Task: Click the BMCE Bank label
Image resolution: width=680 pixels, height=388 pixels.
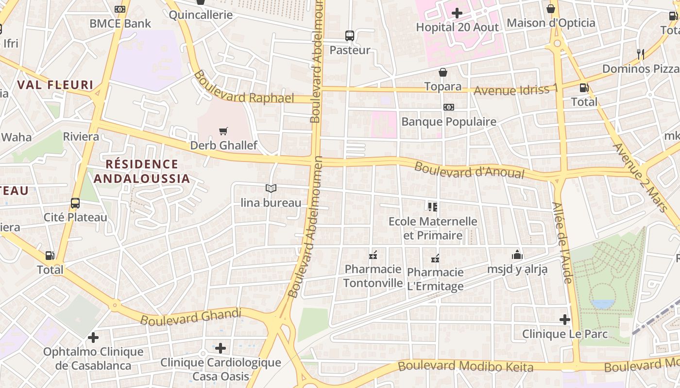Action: coord(120,23)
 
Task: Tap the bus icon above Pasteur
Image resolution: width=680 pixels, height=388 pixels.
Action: coord(350,35)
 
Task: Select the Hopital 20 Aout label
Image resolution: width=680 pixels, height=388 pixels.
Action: coord(457,27)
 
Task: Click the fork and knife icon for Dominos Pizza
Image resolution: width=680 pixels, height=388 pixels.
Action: coord(641,54)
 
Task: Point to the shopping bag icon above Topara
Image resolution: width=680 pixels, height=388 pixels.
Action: coord(443,73)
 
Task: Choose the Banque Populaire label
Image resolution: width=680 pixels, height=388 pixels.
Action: coord(449,122)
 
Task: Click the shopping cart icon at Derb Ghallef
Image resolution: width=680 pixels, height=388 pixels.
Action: coord(223,131)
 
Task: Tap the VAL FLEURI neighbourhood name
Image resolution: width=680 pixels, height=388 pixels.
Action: coord(55,85)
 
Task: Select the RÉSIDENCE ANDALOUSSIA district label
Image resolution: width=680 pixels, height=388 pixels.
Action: coord(141,171)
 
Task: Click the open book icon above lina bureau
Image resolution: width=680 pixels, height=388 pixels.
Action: coord(271,188)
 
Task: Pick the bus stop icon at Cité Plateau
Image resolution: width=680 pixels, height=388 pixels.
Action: coord(75,203)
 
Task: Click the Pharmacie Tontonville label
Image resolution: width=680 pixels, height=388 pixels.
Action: coord(373,276)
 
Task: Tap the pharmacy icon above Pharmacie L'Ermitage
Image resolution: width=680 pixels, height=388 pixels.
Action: coord(435,258)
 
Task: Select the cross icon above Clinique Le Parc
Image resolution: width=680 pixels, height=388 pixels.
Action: coord(564,320)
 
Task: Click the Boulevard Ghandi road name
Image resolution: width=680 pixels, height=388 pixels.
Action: coord(191,317)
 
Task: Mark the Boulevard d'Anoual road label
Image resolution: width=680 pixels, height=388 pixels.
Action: coord(469,170)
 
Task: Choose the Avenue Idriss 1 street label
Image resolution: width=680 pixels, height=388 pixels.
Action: coord(516,90)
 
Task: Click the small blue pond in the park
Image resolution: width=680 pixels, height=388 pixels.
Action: coord(603,304)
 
